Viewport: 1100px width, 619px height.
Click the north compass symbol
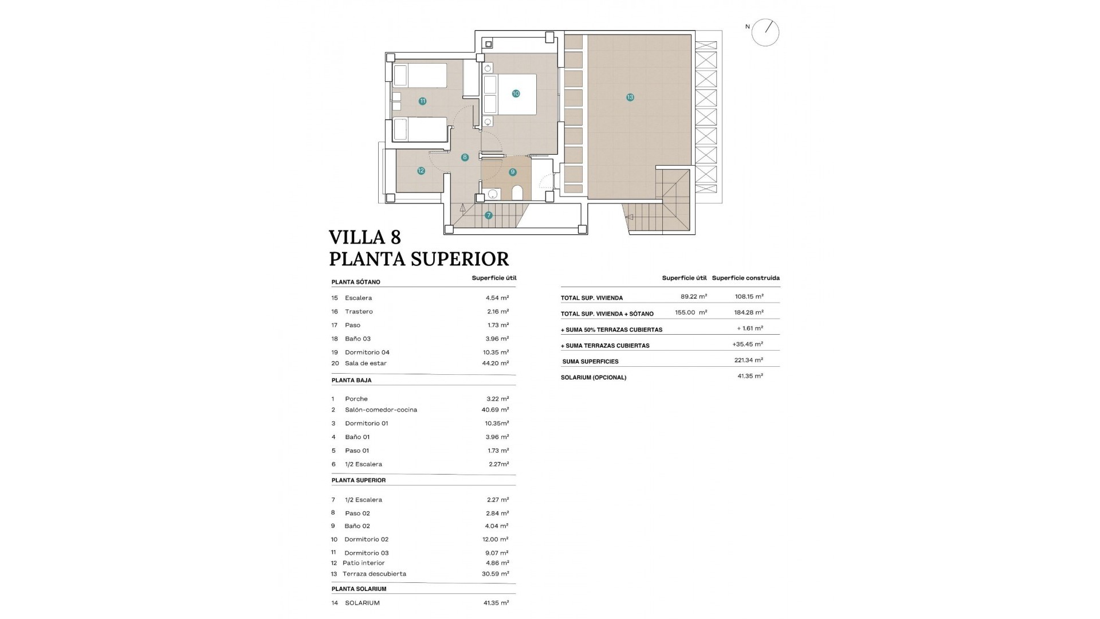click(765, 32)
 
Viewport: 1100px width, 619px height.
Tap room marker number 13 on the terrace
click(630, 97)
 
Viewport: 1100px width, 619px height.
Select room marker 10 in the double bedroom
click(516, 93)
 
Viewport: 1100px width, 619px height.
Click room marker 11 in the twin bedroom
click(422, 101)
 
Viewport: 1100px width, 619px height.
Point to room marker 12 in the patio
click(421, 171)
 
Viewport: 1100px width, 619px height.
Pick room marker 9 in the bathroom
click(512, 172)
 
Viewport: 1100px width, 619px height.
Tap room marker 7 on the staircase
click(488, 216)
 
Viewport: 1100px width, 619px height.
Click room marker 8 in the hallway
click(465, 157)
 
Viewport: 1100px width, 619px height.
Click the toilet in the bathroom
click(517, 193)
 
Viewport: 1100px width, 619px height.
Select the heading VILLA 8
click(365, 237)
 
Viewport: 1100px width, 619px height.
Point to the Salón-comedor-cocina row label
click(381, 410)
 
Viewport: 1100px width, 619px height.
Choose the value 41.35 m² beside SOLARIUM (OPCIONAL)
click(750, 377)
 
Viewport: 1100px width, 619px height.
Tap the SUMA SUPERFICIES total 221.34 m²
click(750, 361)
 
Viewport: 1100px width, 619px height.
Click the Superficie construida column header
click(745, 278)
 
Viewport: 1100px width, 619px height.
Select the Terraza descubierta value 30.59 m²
click(496, 574)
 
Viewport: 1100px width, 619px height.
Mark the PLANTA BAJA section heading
click(351, 381)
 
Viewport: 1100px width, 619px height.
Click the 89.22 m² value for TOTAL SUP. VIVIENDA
click(693, 297)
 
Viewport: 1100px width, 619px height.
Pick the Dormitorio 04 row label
click(367, 352)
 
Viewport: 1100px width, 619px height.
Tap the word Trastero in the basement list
click(359, 312)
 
